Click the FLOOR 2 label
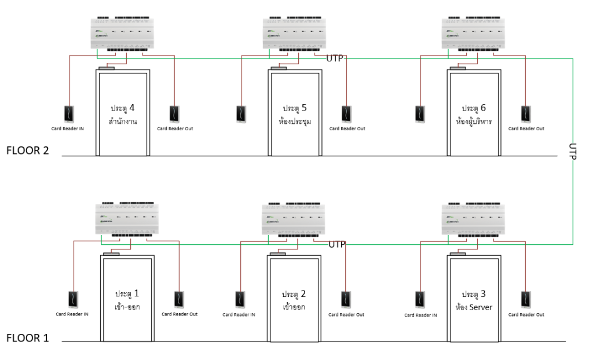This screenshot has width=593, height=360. (28, 151)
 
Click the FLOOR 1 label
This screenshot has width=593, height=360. (28, 337)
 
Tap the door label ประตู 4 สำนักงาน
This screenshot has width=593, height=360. (122, 115)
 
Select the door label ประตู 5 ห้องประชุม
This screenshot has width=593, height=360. (294, 115)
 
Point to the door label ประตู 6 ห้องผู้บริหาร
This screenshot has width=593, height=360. (474, 115)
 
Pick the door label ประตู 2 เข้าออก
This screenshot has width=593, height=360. (294, 300)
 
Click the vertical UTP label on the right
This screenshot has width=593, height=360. (573, 152)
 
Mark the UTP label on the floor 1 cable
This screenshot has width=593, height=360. (337, 245)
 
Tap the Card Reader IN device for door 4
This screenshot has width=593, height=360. (69, 112)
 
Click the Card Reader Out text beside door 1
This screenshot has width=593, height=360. (179, 314)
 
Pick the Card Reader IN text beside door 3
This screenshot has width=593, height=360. (420, 315)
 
